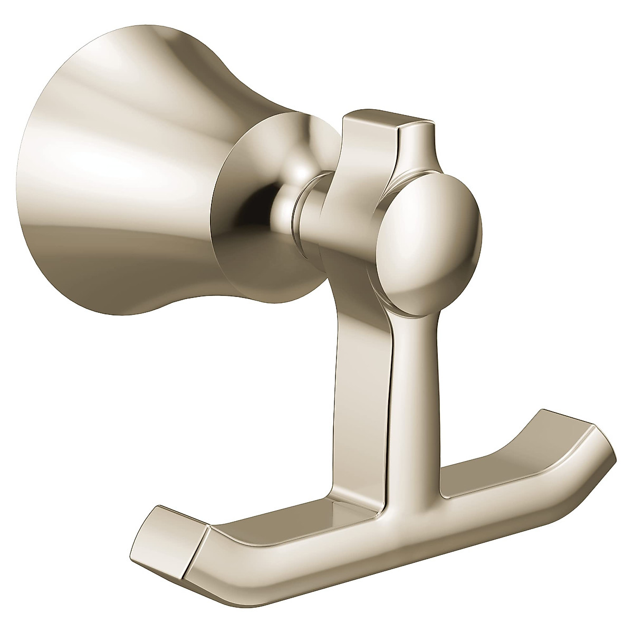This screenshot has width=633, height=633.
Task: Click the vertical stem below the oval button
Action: click(417, 380)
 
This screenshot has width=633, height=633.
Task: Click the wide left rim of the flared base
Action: click(42, 174)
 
